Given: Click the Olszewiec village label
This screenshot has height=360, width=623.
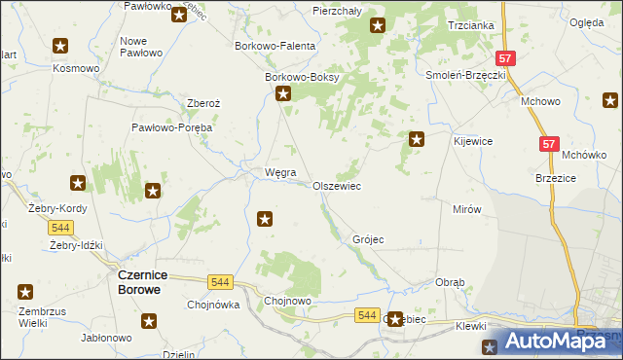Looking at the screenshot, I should click(337, 185).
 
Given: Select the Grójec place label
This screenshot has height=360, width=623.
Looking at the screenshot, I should click(369, 238).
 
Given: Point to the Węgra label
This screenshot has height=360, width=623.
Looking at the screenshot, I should click(267, 172).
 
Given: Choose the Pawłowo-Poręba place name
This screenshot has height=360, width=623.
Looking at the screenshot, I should click(172, 126).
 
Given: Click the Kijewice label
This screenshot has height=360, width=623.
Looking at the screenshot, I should click(473, 141).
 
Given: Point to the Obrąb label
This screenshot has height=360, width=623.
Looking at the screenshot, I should click(451, 282).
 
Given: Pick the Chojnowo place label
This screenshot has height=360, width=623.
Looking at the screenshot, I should click(288, 302).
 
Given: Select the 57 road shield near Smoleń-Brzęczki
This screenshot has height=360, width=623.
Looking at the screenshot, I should click(504, 59).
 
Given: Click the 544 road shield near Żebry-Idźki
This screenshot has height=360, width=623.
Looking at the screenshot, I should click(60, 227).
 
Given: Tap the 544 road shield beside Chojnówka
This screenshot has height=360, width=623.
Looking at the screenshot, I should click(221, 282).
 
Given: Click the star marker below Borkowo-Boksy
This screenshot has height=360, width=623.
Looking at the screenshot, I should click(283, 94).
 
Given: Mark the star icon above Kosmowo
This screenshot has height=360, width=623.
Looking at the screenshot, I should click(60, 46).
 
